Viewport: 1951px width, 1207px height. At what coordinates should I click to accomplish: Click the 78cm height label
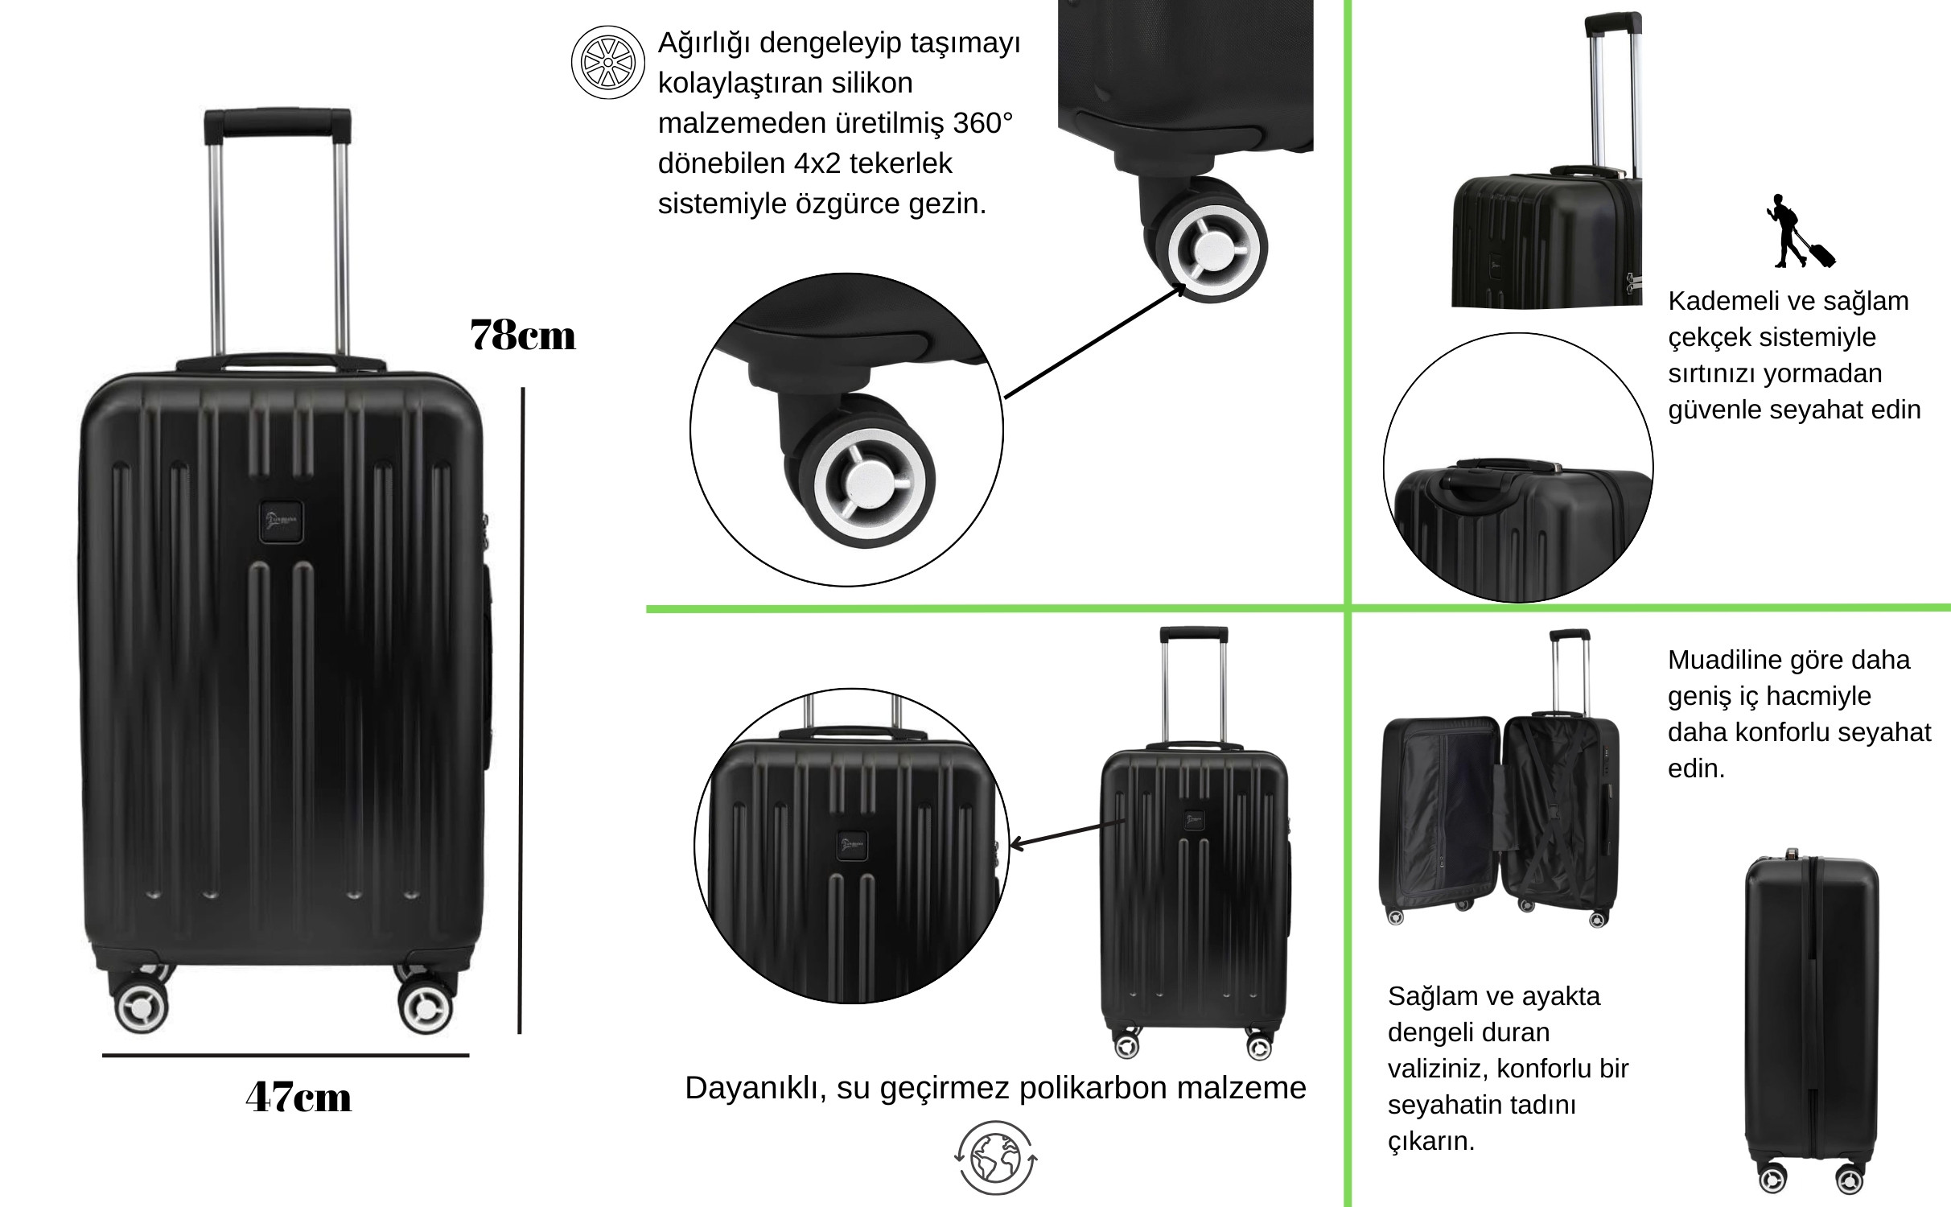click(523, 335)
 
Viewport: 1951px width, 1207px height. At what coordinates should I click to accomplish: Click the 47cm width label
click(298, 1097)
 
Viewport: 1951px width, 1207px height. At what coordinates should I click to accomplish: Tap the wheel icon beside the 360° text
click(608, 62)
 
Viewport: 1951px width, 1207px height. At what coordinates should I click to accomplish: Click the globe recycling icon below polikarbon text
click(996, 1158)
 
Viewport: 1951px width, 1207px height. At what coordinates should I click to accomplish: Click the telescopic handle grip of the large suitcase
click(278, 125)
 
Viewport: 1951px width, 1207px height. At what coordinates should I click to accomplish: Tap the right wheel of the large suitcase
click(426, 1006)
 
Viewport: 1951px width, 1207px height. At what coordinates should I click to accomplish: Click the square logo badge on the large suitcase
click(282, 522)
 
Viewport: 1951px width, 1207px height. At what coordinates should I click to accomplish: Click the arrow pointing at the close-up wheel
click(1096, 341)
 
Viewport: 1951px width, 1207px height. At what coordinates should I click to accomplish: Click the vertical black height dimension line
click(521, 711)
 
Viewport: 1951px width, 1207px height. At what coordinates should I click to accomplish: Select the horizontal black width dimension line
click(286, 1055)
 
